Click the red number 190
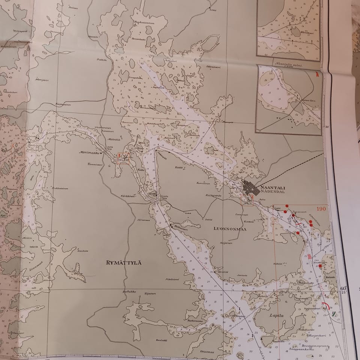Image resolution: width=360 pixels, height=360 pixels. pos(321,209)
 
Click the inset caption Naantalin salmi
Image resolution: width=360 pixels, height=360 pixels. pos(289,64)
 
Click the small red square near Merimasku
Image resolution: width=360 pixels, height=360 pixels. pos(123,158)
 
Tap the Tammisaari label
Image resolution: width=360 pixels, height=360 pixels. pos(95,164)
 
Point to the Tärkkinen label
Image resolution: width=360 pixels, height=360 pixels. pos(128,196)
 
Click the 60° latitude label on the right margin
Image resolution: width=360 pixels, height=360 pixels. pos(343,288)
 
